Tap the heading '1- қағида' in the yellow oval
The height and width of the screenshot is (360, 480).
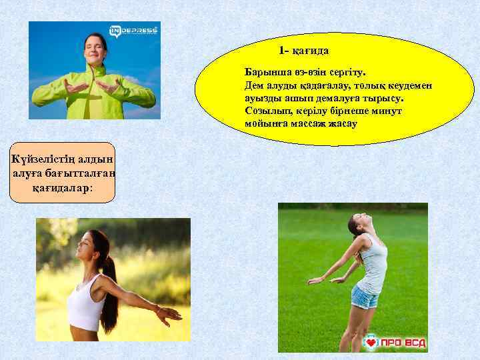coord(304,51)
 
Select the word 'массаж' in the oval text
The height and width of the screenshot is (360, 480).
coord(303,123)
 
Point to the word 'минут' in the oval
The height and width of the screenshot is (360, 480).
coord(389,111)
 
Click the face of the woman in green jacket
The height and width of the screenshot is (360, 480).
coord(93,47)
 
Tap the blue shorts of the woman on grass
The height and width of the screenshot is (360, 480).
coord(365,296)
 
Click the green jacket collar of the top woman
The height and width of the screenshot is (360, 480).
coord(93,68)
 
